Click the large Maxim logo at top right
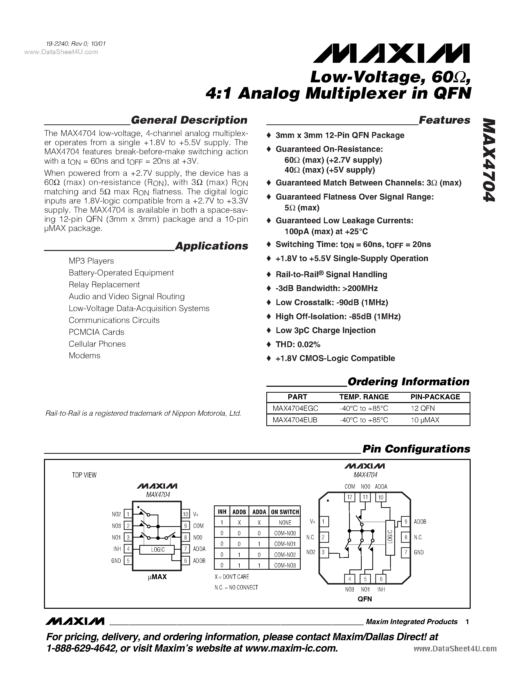[391, 53]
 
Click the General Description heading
[189, 120]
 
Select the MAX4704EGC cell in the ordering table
[295, 408]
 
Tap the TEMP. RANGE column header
[364, 397]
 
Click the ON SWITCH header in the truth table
[285, 512]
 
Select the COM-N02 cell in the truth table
[285, 555]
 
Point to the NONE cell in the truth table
[285, 522]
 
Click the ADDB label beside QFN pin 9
[420, 521]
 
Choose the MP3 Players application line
[91, 261]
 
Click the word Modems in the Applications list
[84, 356]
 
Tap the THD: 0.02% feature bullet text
[298, 344]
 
